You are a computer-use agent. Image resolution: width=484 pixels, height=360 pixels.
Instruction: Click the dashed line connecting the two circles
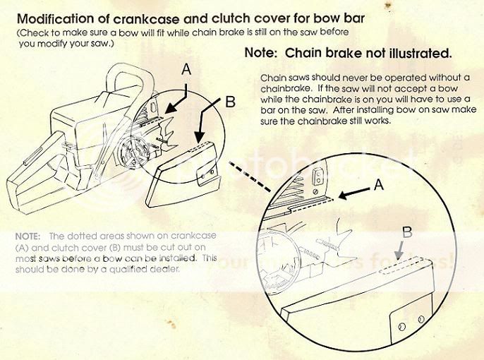tap(250, 186)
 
